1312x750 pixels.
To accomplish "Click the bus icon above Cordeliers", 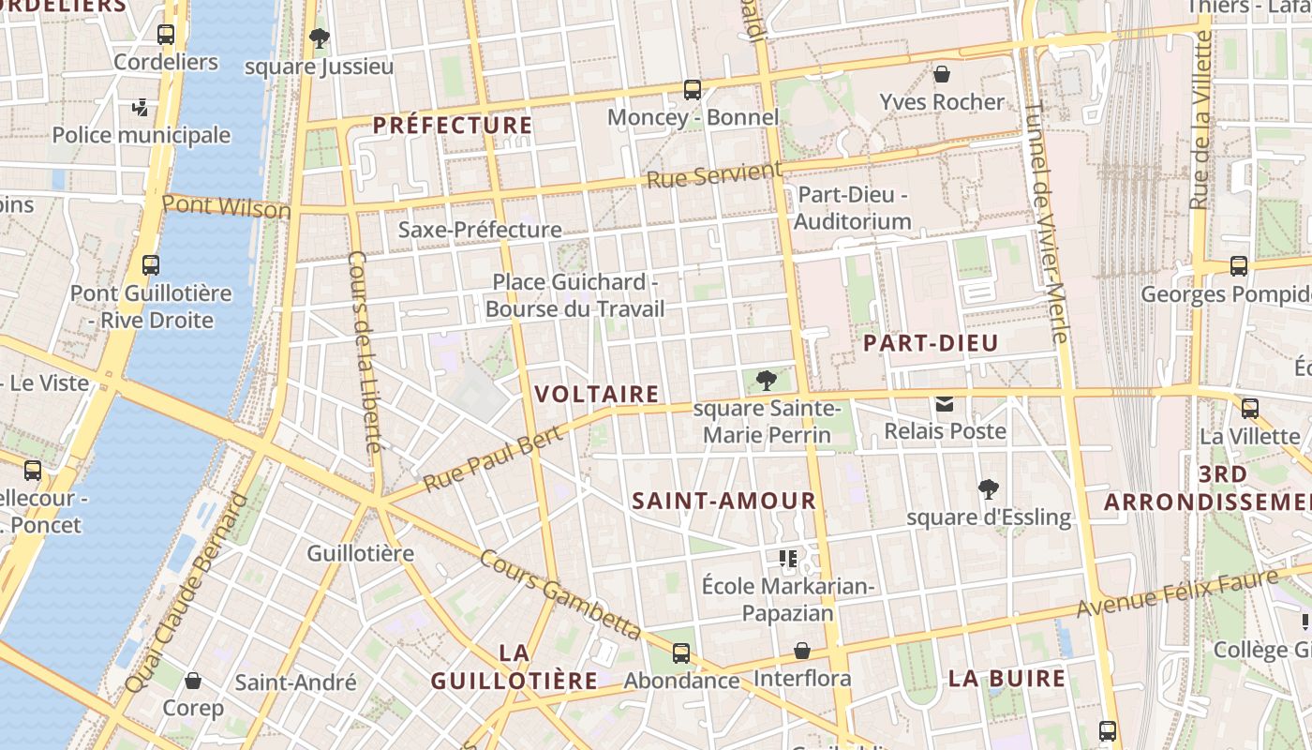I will [x=166, y=36].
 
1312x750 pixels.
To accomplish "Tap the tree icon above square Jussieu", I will [x=319, y=39].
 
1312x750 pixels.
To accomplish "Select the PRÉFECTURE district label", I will [x=453, y=125].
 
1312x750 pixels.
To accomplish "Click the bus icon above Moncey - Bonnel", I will [x=693, y=90].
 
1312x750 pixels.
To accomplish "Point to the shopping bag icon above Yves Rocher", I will [x=942, y=74].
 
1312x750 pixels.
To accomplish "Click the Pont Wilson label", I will [x=227, y=206].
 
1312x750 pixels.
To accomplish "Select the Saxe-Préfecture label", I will [x=480, y=230].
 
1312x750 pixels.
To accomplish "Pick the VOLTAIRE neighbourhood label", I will [x=597, y=394].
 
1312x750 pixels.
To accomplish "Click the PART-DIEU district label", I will [x=931, y=343].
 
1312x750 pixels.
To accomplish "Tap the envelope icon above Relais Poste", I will [x=945, y=405].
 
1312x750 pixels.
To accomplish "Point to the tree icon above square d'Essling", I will [x=988, y=489].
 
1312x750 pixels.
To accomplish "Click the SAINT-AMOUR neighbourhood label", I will [x=723, y=501].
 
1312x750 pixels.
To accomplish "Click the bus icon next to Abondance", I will [x=681, y=653].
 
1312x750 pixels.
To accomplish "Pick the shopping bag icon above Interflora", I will [x=802, y=651].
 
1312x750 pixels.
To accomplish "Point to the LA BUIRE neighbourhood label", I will [x=1006, y=679].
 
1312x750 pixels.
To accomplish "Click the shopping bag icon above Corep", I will [x=193, y=681].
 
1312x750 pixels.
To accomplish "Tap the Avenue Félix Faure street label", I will [x=1176, y=593].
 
